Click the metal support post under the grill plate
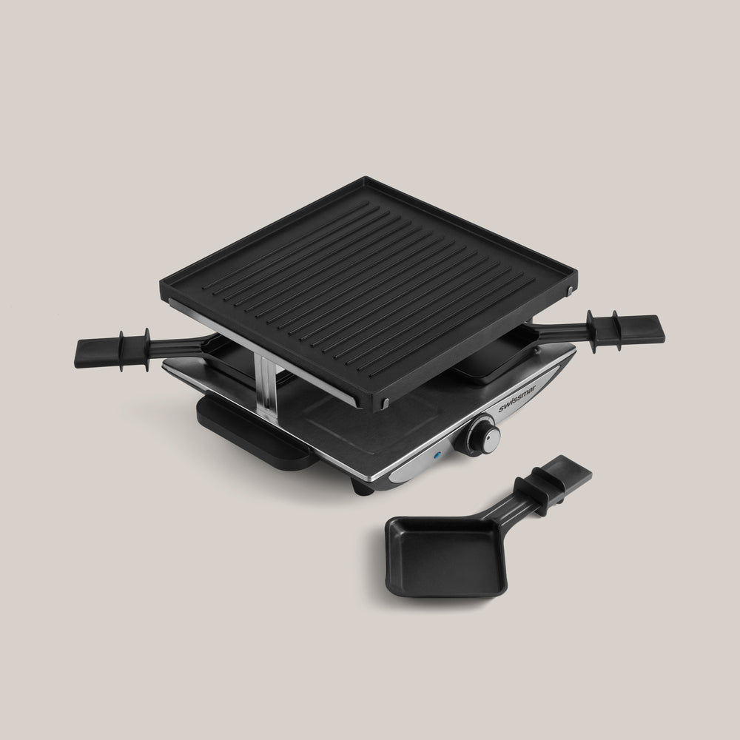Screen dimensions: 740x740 coord(263,380)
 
